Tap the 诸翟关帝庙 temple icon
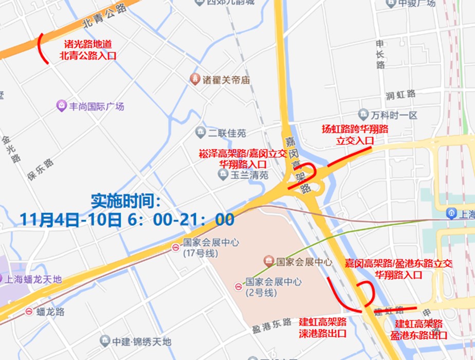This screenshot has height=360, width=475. point(195,79)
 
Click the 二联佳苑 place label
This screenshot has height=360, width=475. point(227,133)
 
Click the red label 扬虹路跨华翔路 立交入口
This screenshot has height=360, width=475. point(355,134)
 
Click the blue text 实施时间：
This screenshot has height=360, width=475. point(126,200)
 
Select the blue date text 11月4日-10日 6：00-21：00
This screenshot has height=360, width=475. point(127,220)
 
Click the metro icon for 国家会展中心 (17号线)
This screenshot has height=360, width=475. point(175,247)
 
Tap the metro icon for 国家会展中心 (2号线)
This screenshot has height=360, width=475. point(238,286)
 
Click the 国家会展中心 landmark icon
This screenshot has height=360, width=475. point(268,261)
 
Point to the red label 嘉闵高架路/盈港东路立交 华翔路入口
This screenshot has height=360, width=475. point(398,268)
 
